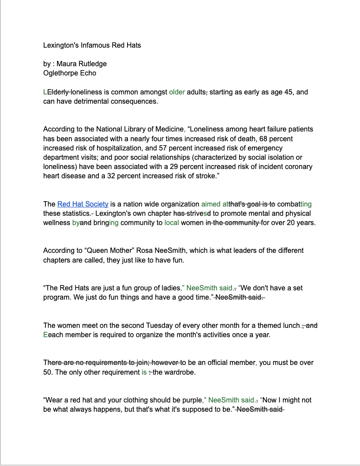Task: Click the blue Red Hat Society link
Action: pyautogui.click(x=82, y=204)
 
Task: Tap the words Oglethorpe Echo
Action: pyautogui.click(x=70, y=73)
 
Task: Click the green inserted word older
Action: pyautogui.click(x=177, y=92)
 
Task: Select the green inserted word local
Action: pyautogui.click(x=172, y=222)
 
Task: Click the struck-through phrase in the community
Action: pyautogui.click(x=233, y=222)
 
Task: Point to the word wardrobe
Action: pyautogui.click(x=180, y=372)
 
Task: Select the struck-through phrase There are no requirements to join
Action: pyautogui.click(x=96, y=362)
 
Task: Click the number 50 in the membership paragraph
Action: pyautogui.click(x=48, y=372)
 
